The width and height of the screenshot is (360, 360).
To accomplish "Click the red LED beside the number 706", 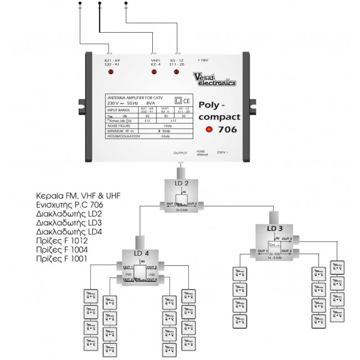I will pos(209,130).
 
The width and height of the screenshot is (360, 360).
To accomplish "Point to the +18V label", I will pos(203,60).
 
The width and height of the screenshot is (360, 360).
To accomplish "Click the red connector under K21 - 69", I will pos(110,72).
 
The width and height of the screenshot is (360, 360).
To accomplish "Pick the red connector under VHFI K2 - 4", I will pos(154,72).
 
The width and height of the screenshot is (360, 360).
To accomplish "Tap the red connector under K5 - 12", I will pos(176,72).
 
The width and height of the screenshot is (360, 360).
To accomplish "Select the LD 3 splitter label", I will pos(275,228).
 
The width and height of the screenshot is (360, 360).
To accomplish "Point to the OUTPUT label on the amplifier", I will pos(181,152).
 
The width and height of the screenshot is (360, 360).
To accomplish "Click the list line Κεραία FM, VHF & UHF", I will pos(78,196).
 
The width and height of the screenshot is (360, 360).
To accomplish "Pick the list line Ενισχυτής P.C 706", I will pos(69,205).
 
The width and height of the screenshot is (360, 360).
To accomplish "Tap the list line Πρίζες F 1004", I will pos(61,249).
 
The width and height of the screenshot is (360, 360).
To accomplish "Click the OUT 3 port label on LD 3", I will pos(286,239).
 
